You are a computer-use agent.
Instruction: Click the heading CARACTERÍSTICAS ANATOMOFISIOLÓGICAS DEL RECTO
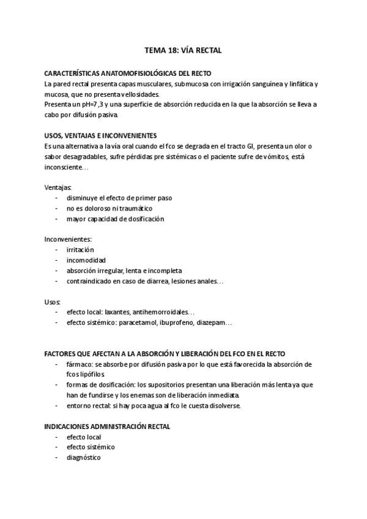128,73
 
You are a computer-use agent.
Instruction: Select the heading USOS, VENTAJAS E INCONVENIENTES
101,135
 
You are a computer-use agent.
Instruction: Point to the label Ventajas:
58,187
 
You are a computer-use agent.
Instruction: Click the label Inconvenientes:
68,239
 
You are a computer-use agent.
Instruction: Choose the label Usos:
53,302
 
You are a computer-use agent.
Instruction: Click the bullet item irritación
81,250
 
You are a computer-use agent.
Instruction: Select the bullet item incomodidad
86,260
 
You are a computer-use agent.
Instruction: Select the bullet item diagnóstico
84,457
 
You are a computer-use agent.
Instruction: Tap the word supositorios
167,384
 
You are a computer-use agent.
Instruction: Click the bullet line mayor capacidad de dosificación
116,218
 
